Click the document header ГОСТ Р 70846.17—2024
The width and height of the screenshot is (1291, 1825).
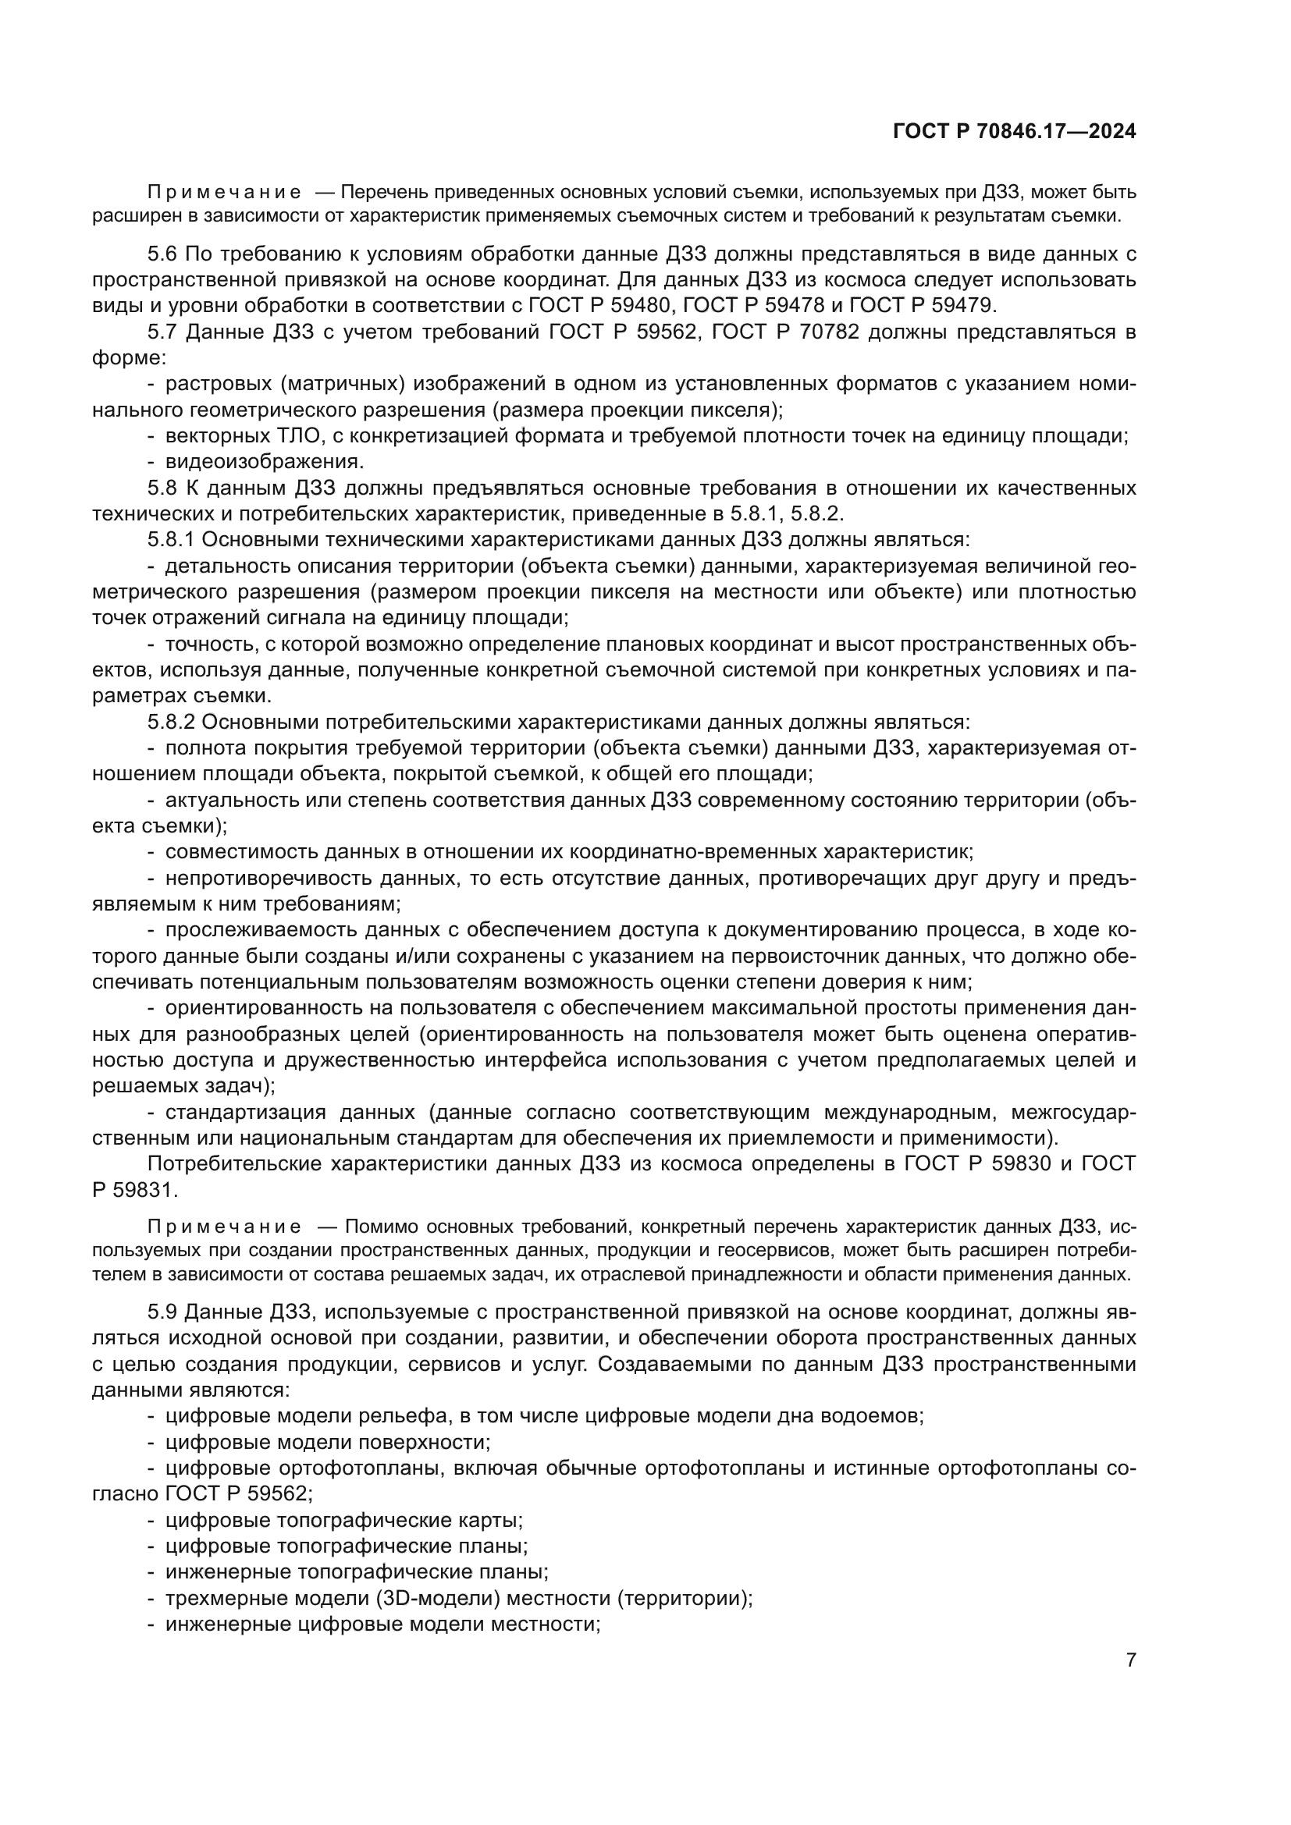click(1014, 131)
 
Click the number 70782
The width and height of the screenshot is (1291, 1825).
click(827, 332)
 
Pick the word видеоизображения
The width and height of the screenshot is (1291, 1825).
click(264, 462)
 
